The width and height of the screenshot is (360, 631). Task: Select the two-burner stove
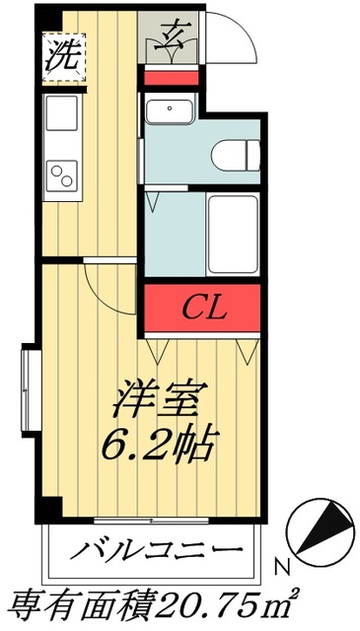point(61,177)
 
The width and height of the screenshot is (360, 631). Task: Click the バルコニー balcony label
point(155,550)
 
